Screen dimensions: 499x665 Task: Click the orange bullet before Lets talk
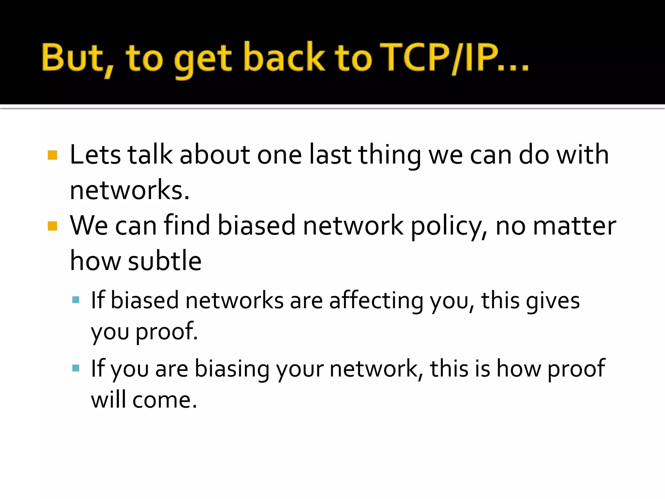tap(52, 155)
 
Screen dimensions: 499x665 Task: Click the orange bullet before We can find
tap(52, 226)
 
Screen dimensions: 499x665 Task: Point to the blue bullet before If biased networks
tap(76, 300)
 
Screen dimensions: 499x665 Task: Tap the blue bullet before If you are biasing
tap(76, 368)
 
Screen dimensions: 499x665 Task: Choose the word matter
tap(574, 226)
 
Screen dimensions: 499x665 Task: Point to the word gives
tap(553, 301)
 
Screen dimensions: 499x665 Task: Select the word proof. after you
tap(167, 332)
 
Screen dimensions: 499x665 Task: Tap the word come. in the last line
tap(165, 400)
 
